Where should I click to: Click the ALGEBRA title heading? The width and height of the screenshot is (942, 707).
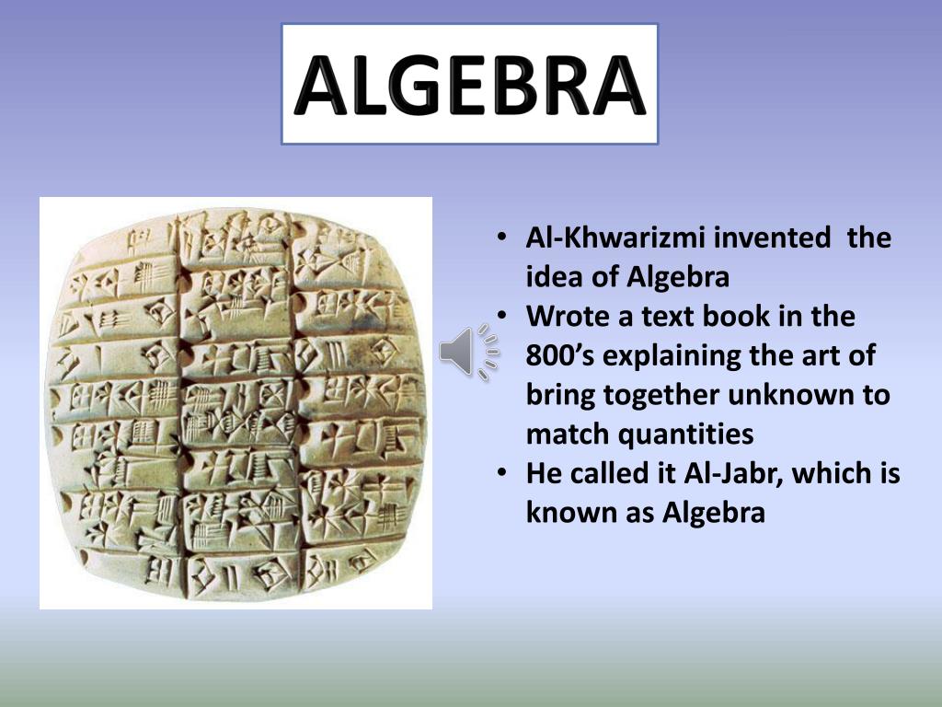469,85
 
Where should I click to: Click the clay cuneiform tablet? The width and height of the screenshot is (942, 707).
236,403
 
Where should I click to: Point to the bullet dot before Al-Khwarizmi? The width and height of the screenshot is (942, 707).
502,238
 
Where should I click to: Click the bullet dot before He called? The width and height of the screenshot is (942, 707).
502,473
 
